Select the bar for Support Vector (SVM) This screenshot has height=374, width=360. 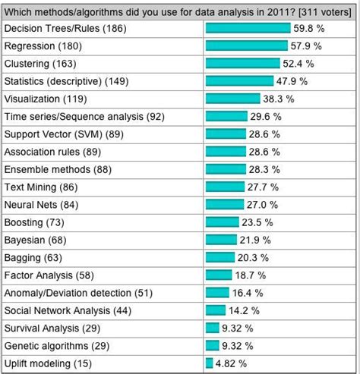[x=226, y=134]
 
